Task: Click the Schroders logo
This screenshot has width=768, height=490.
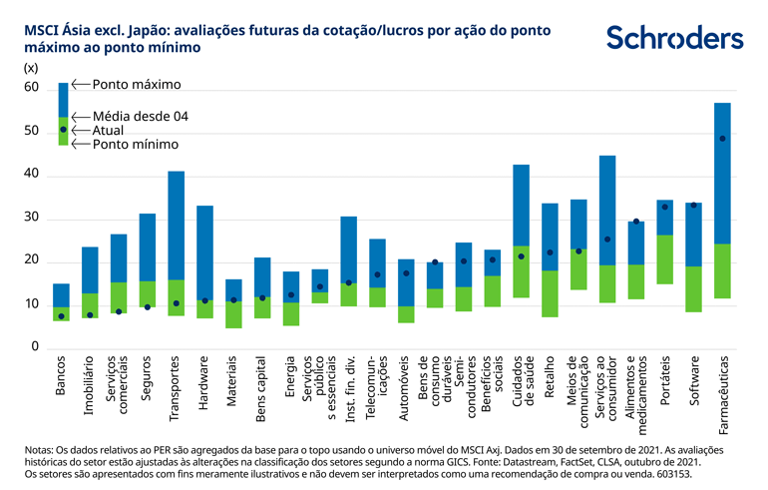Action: coord(674,38)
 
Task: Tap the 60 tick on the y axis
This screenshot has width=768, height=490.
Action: coord(31,89)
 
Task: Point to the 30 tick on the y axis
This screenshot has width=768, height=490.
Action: coord(31,218)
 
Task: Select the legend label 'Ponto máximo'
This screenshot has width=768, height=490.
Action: coord(138,85)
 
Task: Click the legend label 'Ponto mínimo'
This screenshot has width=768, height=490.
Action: coord(136,144)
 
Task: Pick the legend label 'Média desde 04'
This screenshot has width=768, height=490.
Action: coord(141,116)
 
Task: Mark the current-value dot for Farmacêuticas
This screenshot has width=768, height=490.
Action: coord(722,139)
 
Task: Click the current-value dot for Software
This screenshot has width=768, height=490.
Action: coord(693,205)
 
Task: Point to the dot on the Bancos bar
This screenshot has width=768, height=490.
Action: coord(61,316)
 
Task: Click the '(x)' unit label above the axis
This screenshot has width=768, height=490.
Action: coord(30,68)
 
